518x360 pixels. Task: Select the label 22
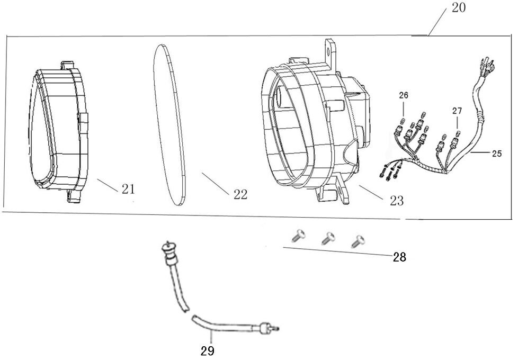240,195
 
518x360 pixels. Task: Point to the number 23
396,201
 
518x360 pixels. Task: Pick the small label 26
404,96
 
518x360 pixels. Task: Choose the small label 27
457,111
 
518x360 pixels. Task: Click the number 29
208,350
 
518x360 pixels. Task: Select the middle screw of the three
328,238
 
